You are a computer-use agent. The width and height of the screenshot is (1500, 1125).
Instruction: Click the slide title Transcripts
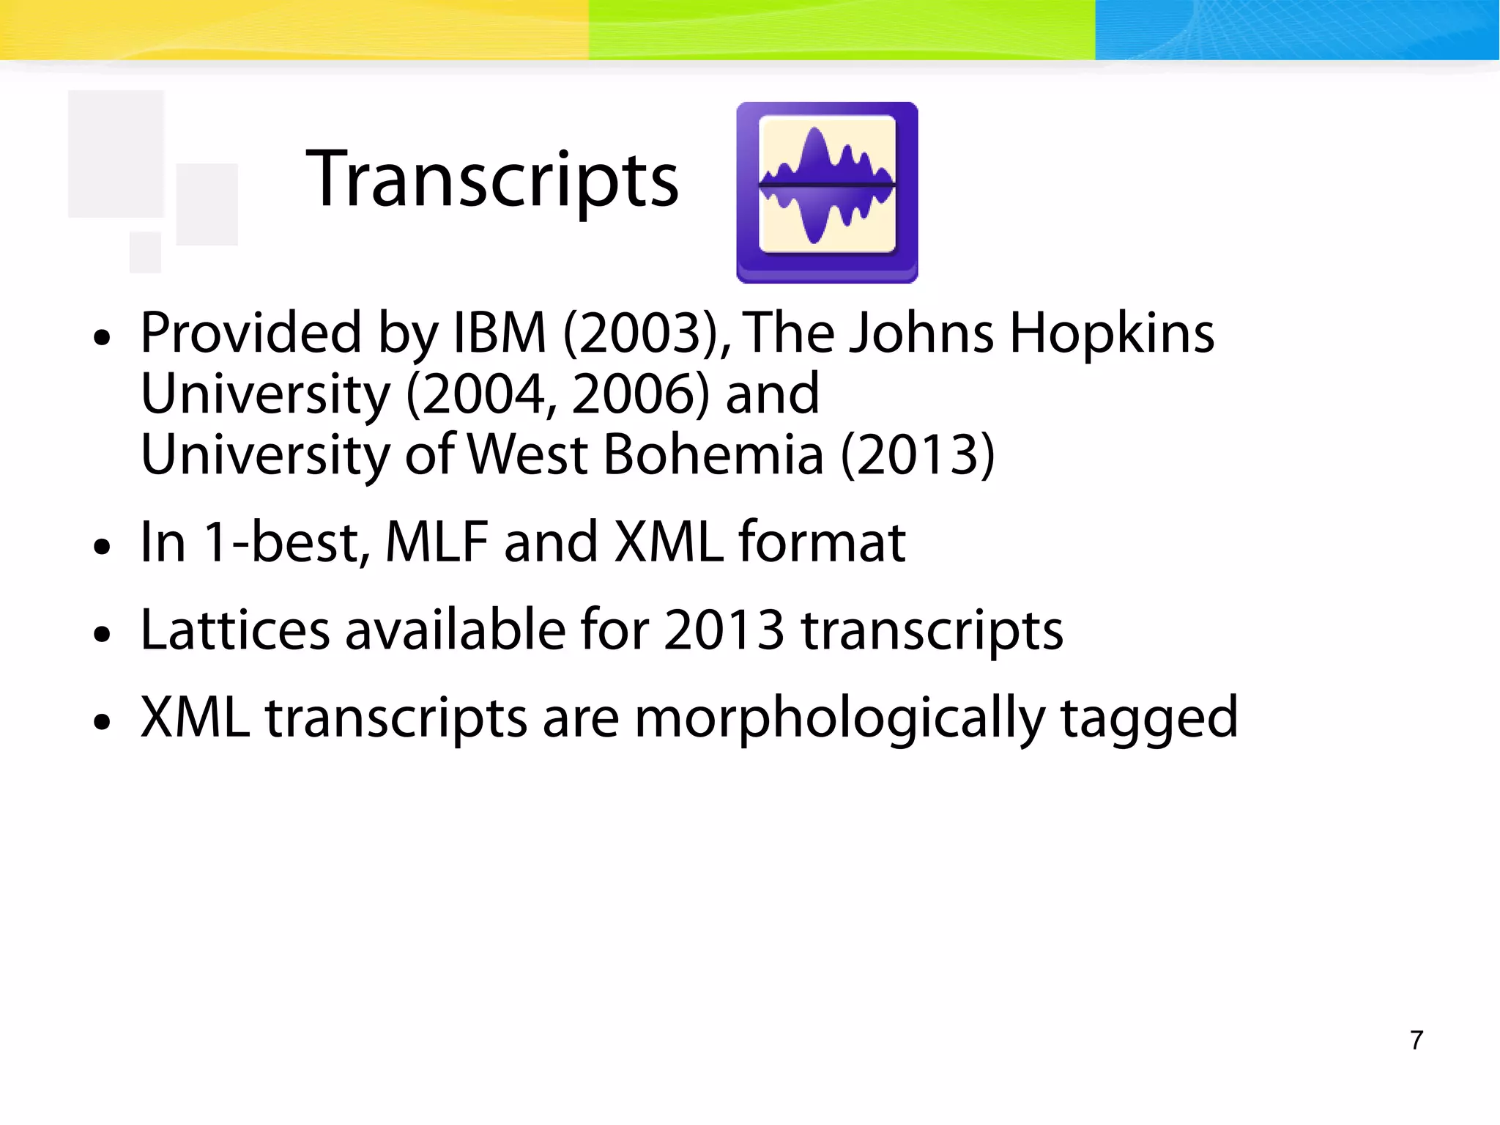(x=492, y=180)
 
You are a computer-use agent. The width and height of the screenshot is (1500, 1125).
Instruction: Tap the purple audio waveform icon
(x=827, y=192)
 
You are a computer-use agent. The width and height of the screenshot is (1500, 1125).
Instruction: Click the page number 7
(x=1417, y=1040)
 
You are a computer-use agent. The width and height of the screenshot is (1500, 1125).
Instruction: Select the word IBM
(x=500, y=333)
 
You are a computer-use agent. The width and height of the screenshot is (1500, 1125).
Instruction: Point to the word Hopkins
(x=1112, y=333)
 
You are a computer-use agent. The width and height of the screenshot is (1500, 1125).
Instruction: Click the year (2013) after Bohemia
(x=918, y=455)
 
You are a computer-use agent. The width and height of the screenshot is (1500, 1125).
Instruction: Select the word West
(x=527, y=455)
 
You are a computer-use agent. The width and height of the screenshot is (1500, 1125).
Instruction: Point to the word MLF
(x=437, y=543)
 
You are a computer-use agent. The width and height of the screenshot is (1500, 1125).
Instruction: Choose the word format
(x=822, y=543)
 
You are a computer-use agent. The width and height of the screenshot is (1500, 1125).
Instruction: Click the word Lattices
(x=235, y=630)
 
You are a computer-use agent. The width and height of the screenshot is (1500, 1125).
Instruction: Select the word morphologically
(x=840, y=718)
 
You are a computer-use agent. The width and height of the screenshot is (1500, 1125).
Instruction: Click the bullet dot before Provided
(x=103, y=338)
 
